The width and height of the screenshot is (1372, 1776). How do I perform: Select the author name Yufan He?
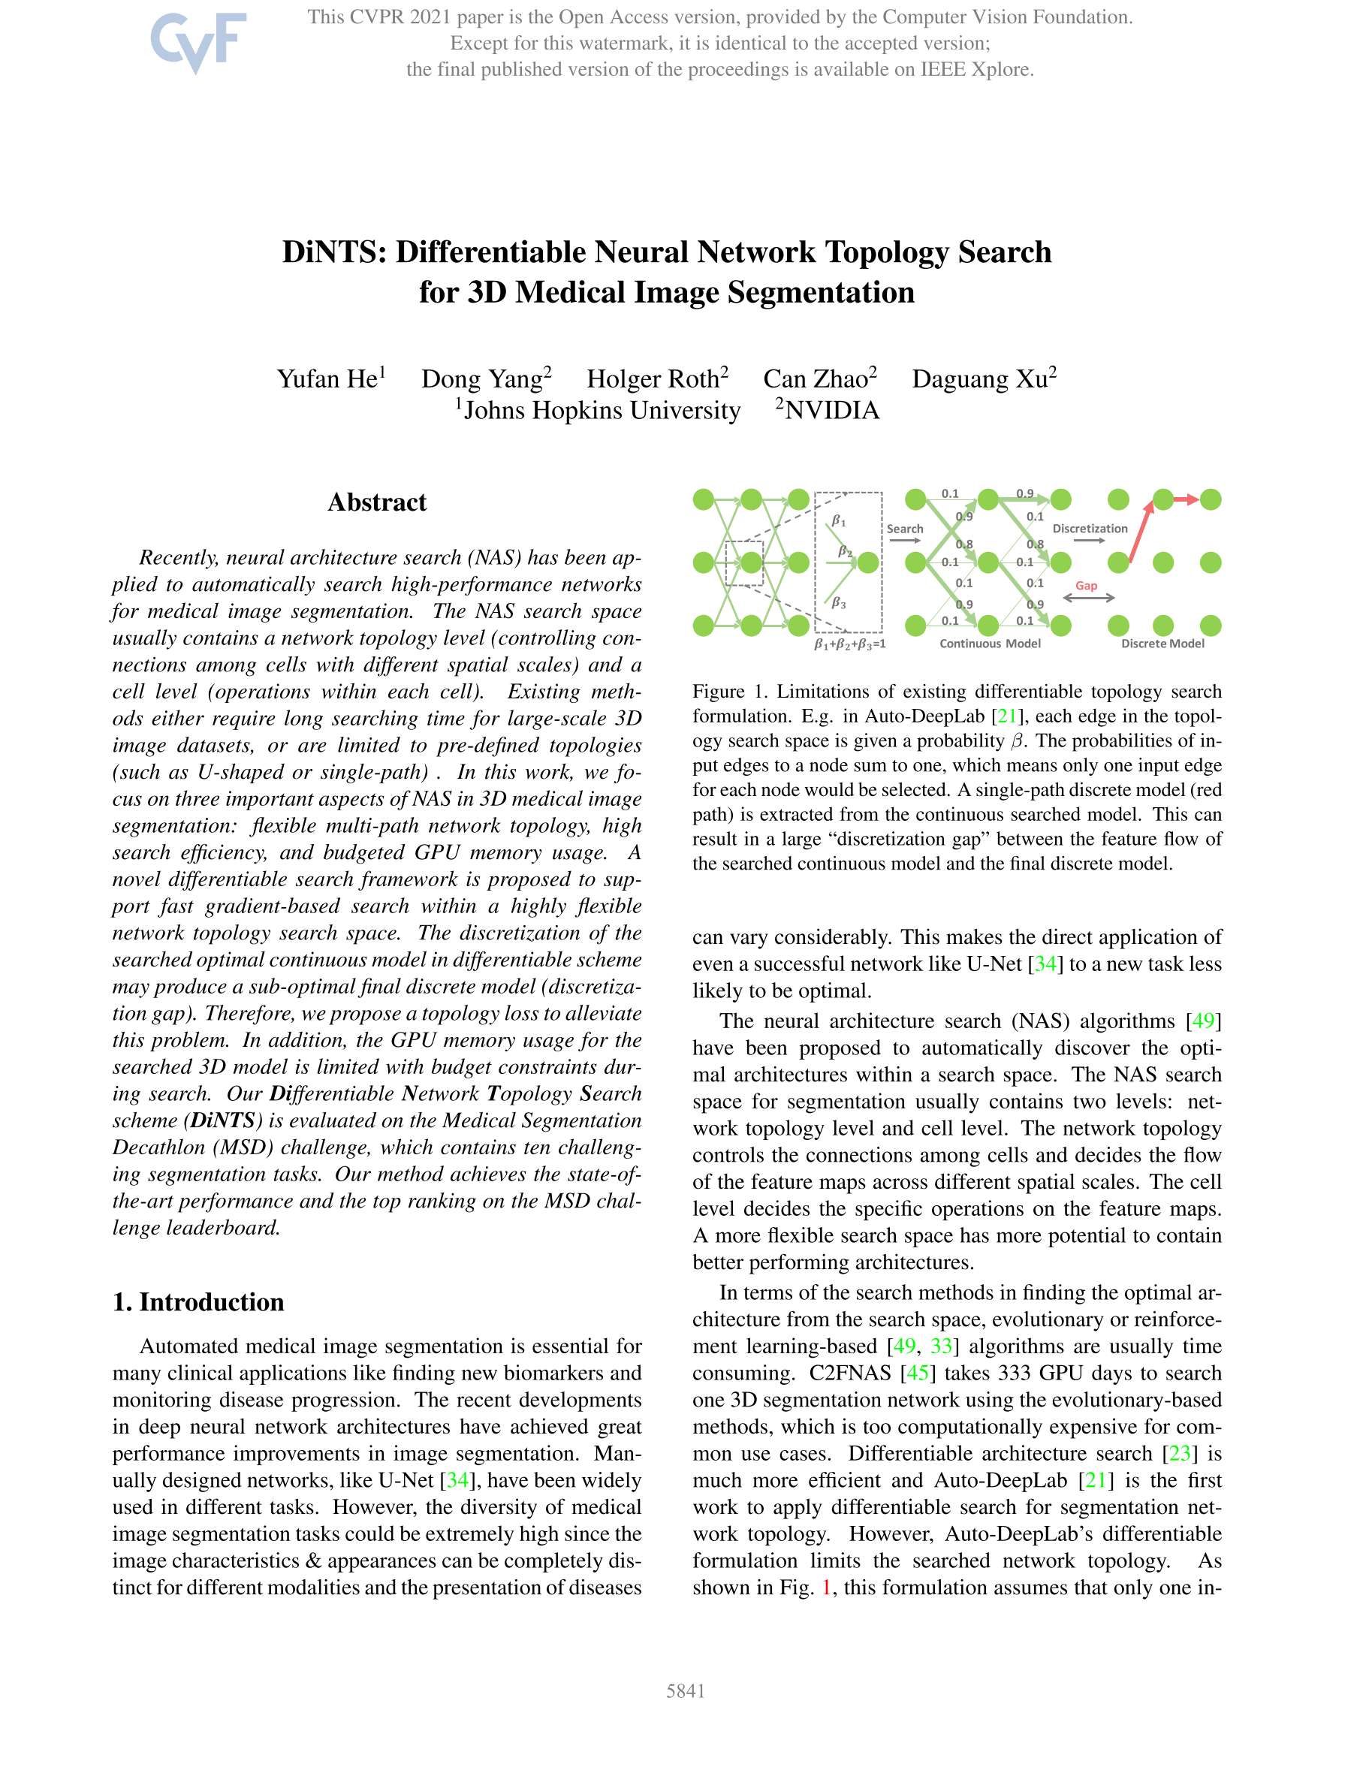pyautogui.click(x=327, y=379)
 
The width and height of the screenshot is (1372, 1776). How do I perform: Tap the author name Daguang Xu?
pyautogui.click(x=980, y=379)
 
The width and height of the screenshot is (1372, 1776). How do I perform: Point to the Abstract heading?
pyautogui.click(x=376, y=502)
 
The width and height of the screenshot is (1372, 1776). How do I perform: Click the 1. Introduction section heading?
pyautogui.click(x=198, y=1301)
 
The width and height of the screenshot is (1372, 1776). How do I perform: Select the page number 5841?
pyautogui.click(x=685, y=1690)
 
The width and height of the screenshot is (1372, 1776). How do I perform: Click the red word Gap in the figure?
pyautogui.click(x=1086, y=586)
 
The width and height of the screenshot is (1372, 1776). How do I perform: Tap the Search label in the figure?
pyautogui.click(x=904, y=529)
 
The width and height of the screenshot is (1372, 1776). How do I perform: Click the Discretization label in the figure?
pyautogui.click(x=1090, y=529)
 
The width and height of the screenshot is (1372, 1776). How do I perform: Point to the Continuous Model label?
pyautogui.click(x=990, y=644)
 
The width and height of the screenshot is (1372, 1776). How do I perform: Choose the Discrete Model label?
pyautogui.click(x=1162, y=644)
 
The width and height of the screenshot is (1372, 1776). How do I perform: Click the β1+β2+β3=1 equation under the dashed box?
pyautogui.click(x=850, y=644)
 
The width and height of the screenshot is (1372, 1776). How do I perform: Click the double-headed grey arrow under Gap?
pyautogui.click(x=1088, y=599)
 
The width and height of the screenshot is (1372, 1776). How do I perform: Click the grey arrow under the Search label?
pyautogui.click(x=904, y=540)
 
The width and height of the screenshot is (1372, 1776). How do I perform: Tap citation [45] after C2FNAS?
pyautogui.click(x=917, y=1373)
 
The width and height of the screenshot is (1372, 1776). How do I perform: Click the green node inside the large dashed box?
pyautogui.click(x=868, y=562)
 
